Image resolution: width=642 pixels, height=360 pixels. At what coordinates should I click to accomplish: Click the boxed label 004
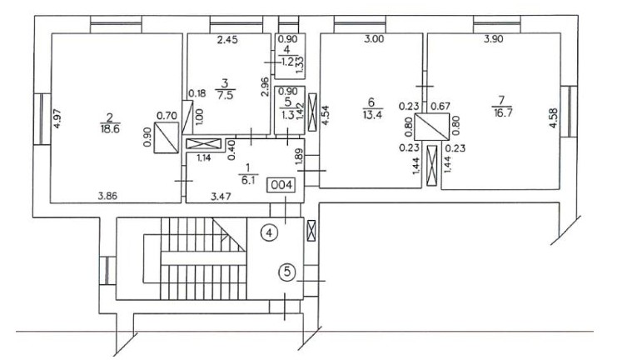pyautogui.click(x=281, y=185)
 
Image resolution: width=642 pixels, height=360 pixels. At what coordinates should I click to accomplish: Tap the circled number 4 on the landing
pyautogui.click(x=269, y=233)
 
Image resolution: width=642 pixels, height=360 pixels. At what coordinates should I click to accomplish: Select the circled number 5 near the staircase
pyautogui.click(x=287, y=271)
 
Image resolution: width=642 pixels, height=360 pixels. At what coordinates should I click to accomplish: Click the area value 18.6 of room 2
pyautogui.click(x=110, y=128)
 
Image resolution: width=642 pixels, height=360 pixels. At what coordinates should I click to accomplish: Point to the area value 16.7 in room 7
pyautogui.click(x=503, y=112)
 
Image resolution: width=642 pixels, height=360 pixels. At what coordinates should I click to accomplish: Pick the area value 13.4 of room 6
pyautogui.click(x=372, y=114)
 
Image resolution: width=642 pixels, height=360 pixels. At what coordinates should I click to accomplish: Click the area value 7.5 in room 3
pyautogui.click(x=225, y=95)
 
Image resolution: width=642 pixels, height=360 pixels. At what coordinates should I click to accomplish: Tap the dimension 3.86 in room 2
pyautogui.click(x=107, y=196)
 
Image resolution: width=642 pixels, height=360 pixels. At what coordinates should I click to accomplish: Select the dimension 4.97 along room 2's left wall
pyautogui.click(x=57, y=118)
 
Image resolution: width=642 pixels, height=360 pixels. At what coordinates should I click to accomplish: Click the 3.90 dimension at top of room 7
pyautogui.click(x=494, y=39)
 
